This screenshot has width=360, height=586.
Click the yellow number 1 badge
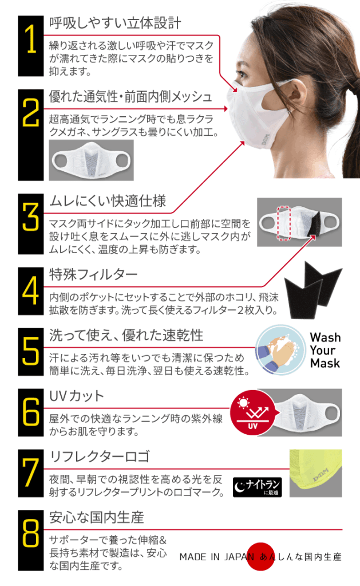31,46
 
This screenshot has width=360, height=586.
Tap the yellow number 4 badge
31,291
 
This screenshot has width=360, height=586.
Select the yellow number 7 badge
31,473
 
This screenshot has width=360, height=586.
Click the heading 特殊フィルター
93,275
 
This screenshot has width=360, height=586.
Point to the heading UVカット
77,396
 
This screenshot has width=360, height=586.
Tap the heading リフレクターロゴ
100,457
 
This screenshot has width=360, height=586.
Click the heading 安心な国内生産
97,517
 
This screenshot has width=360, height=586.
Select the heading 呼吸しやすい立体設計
115,23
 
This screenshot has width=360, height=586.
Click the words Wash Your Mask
325,350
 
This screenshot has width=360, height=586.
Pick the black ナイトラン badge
258,487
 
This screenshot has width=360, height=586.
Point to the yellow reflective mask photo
315,473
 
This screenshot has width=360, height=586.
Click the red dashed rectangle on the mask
284,223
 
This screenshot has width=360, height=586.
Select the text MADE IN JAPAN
216,557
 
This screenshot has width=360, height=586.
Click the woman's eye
242,73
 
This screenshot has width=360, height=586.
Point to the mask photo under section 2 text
91,160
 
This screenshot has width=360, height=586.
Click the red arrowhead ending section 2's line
226,109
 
